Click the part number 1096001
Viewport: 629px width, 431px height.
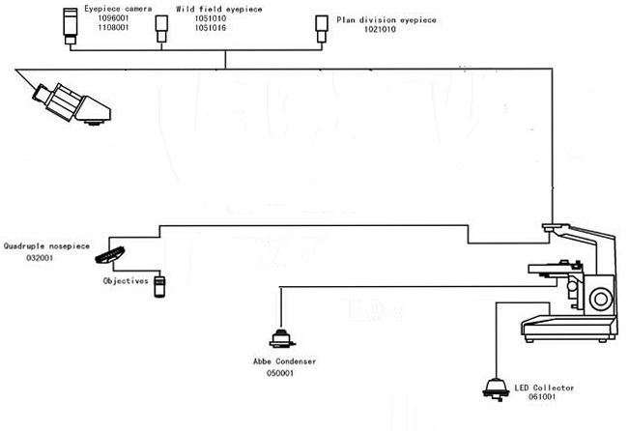[x=103, y=18]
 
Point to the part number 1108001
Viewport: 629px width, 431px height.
[x=103, y=29]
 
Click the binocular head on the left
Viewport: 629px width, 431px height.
[x=68, y=102]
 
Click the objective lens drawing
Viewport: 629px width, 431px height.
[x=160, y=285]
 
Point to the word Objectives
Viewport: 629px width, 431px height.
[x=126, y=281]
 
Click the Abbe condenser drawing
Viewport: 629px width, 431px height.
[x=283, y=339]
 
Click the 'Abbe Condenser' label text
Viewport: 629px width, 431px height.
[x=283, y=361]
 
